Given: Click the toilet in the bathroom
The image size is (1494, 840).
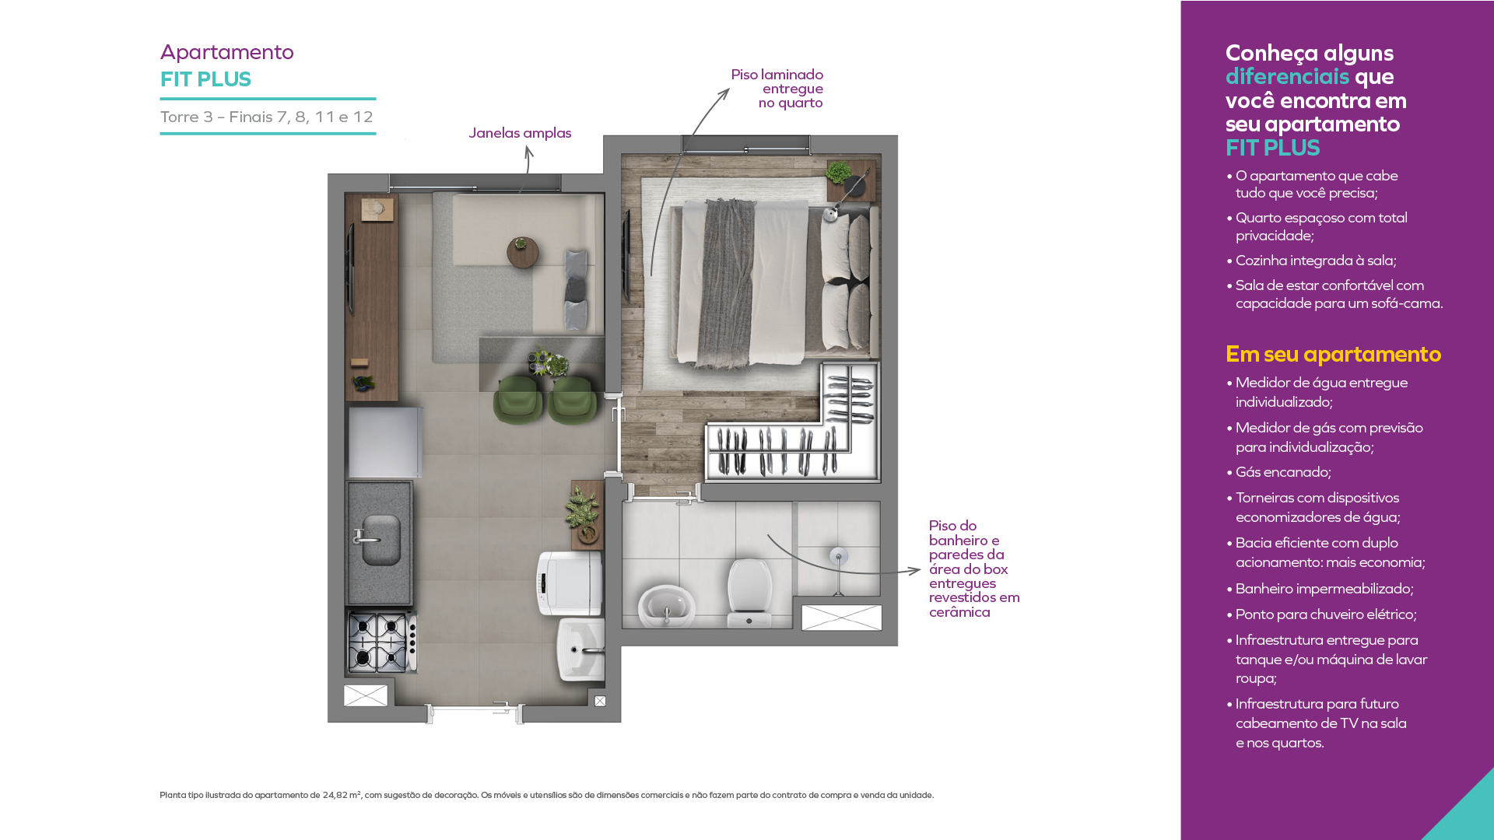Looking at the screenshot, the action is click(749, 593).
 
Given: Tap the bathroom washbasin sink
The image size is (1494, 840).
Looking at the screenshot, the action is click(667, 606).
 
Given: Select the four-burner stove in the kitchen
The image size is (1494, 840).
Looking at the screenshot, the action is click(382, 642).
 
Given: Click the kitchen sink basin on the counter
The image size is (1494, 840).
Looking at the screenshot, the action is click(381, 540).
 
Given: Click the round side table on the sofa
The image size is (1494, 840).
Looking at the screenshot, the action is click(523, 252).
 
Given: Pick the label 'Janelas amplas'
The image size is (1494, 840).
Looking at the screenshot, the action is click(520, 133).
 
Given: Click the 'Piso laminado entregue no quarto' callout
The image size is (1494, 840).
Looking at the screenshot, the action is click(777, 89).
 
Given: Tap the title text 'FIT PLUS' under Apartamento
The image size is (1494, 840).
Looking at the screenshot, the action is click(205, 79).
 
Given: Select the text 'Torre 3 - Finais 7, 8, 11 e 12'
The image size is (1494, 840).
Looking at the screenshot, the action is click(267, 117).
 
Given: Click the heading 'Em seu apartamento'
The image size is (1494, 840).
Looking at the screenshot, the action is click(1333, 355).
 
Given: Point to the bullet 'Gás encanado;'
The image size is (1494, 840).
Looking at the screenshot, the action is click(1283, 472).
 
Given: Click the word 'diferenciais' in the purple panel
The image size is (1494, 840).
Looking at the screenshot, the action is click(1287, 76).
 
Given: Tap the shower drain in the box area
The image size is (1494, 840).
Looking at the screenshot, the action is click(838, 556).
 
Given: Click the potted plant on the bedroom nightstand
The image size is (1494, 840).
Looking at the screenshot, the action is click(838, 173).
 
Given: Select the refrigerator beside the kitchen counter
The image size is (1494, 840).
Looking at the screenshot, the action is click(384, 442).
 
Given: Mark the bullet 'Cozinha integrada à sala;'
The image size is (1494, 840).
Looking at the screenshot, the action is click(1311, 261).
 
